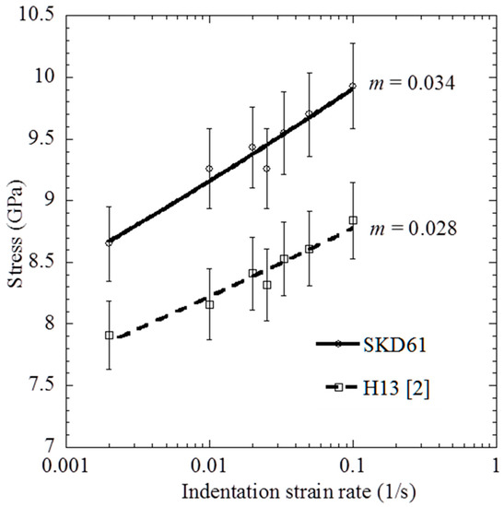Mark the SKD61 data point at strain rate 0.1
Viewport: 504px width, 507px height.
point(353,86)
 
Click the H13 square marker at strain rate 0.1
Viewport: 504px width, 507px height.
point(353,219)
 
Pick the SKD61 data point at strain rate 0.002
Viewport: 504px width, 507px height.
point(109,242)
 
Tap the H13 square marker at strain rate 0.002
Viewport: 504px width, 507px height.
point(109,336)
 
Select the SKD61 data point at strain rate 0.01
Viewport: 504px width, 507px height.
point(209,169)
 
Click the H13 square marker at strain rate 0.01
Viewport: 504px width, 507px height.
point(209,304)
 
